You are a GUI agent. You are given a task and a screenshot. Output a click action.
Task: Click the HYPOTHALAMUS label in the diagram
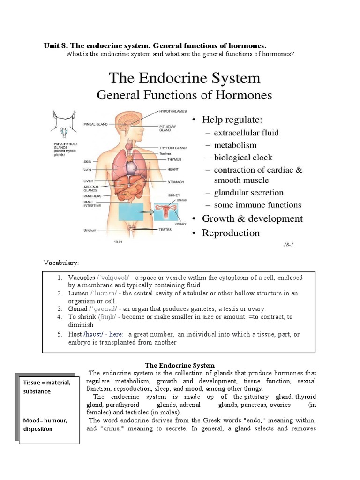(173, 111)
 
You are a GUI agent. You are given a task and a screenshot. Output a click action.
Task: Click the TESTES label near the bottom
(165, 230)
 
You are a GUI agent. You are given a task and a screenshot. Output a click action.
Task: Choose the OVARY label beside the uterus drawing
(181, 224)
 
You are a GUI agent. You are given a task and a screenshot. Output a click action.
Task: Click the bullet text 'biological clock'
(243, 157)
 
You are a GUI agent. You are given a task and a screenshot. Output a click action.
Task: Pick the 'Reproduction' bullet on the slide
(231, 233)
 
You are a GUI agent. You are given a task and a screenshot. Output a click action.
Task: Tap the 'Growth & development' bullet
(252, 218)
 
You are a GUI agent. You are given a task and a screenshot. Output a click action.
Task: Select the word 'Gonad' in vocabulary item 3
(78, 309)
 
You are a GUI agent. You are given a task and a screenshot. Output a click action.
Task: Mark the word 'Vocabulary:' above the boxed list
(61, 262)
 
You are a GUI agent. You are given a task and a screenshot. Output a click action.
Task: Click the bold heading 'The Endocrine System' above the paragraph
(180, 365)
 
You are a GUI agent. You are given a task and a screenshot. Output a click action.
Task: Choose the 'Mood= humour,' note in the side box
(45, 420)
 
